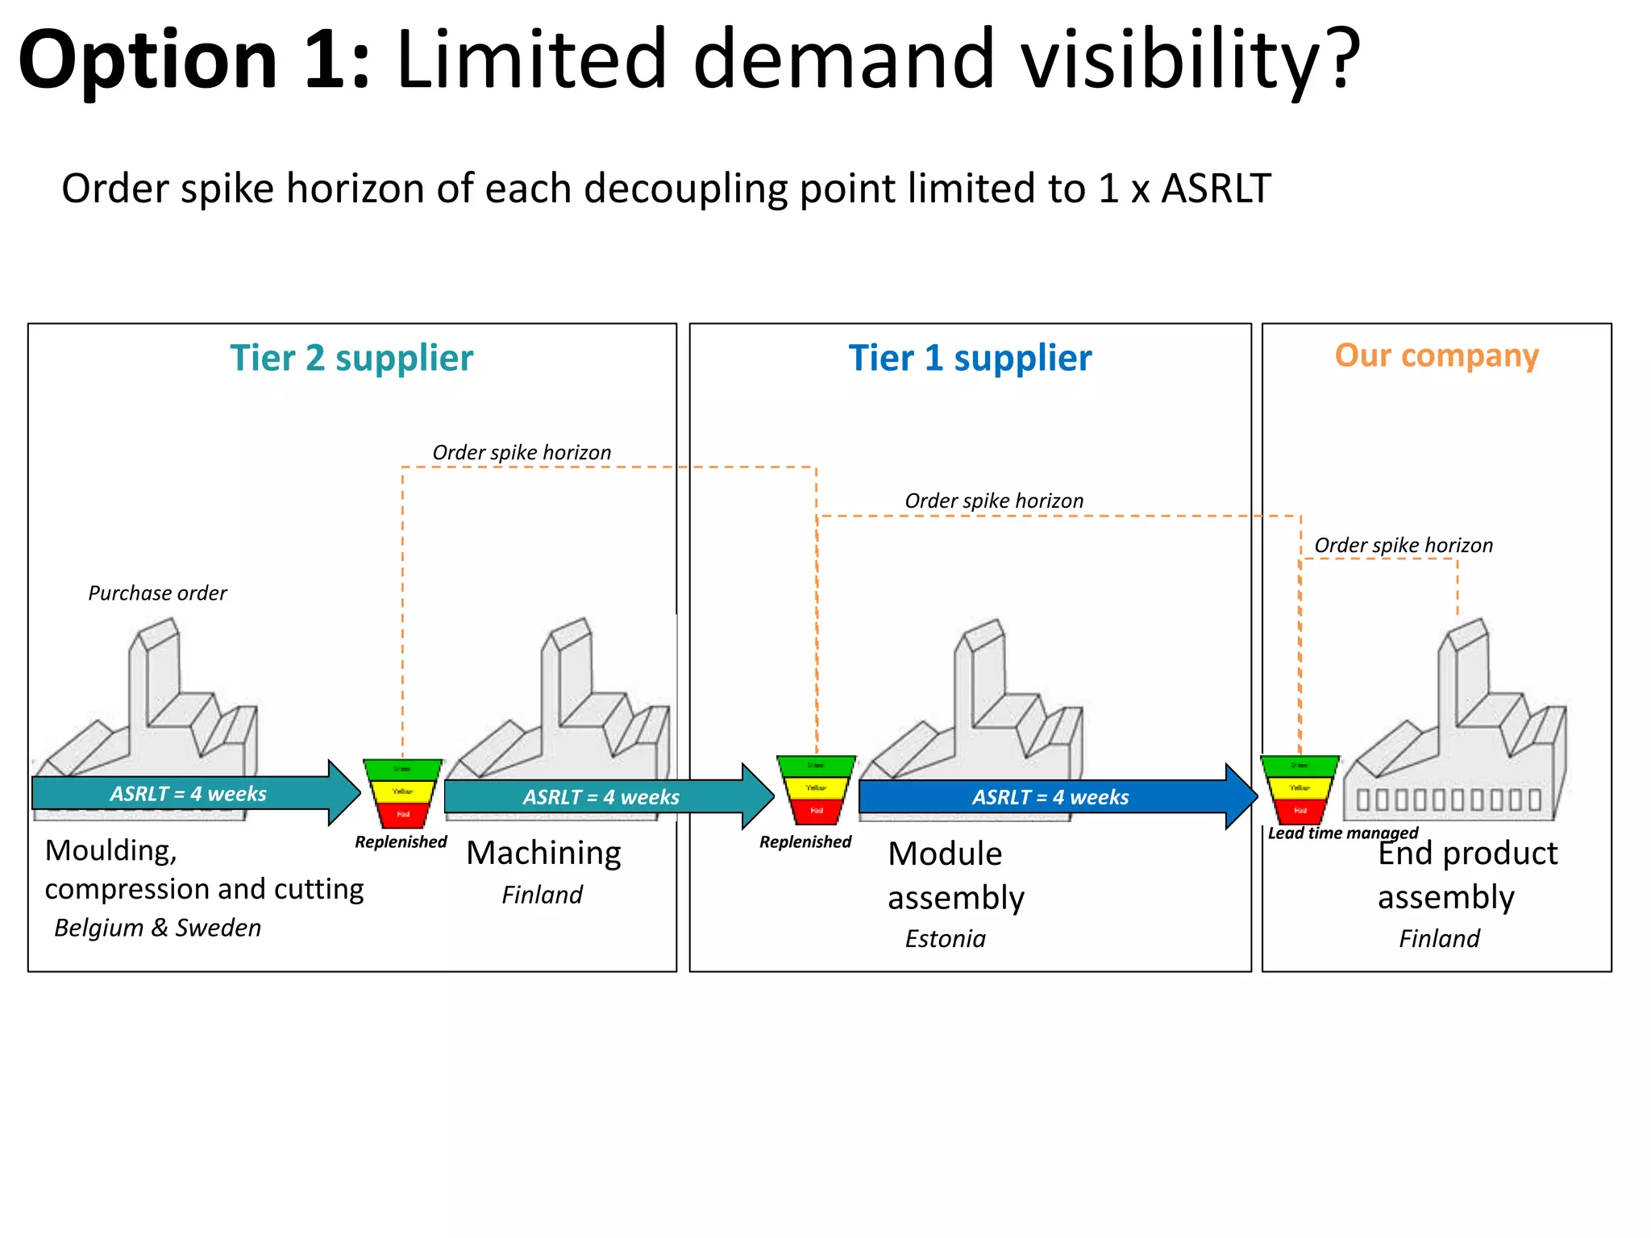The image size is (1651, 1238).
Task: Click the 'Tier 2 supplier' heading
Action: click(x=351, y=358)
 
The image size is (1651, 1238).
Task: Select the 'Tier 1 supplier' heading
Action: click(x=970, y=358)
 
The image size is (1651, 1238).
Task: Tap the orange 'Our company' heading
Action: click(x=1437, y=355)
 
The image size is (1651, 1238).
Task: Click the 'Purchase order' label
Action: click(x=157, y=593)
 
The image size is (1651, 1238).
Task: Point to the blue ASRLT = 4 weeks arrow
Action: click(x=1050, y=796)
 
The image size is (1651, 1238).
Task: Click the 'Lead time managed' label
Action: click(x=1342, y=833)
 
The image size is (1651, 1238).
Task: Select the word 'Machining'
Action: click(x=543, y=853)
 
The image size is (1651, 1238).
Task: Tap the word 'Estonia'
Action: click(x=945, y=939)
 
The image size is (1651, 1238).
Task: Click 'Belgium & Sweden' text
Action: click(x=157, y=928)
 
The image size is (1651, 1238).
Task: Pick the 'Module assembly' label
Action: click(x=955, y=875)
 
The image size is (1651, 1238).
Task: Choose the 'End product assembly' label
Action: click(x=1467, y=875)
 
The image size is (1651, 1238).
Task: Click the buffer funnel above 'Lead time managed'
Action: click(x=1300, y=789)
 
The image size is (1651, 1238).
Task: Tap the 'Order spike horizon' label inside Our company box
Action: click(x=1403, y=546)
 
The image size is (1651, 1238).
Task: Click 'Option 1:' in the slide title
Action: click(x=193, y=60)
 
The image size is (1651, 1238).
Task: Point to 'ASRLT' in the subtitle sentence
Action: click(x=1215, y=189)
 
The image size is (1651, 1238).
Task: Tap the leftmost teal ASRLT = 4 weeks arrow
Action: click(x=189, y=793)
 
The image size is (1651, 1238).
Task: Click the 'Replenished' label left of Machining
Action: click(x=401, y=841)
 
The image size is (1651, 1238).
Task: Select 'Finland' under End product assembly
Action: click(x=1439, y=939)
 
